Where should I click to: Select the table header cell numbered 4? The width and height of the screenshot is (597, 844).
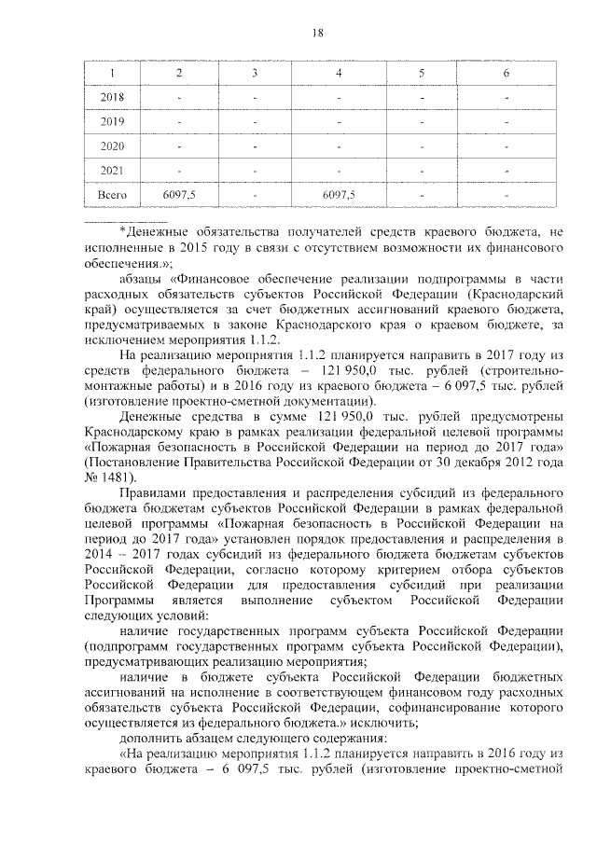(339, 73)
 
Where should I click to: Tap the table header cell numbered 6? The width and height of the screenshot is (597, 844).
(506, 73)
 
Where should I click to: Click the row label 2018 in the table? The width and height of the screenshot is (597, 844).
(112, 97)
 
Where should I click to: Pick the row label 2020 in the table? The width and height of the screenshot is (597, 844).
(112, 146)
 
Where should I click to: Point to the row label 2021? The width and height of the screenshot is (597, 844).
(112, 171)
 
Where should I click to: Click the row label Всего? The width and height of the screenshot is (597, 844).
(112, 195)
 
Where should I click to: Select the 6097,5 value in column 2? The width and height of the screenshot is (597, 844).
(178, 195)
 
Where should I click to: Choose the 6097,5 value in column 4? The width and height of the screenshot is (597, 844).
(339, 195)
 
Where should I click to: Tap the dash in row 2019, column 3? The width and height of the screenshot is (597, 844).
(256, 122)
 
